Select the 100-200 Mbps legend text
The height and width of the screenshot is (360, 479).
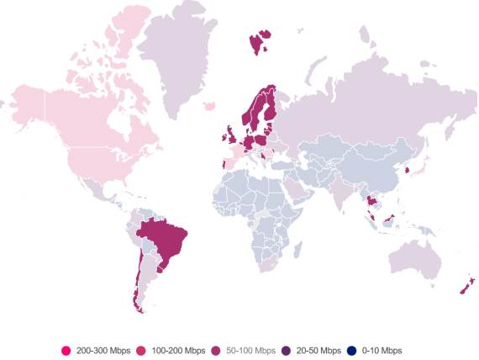177,350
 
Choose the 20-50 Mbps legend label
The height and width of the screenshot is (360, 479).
317,350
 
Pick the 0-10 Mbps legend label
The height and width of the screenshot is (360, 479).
382,350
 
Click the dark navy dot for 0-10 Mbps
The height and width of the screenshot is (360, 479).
353,350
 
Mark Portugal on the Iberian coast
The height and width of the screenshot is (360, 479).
224,163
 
